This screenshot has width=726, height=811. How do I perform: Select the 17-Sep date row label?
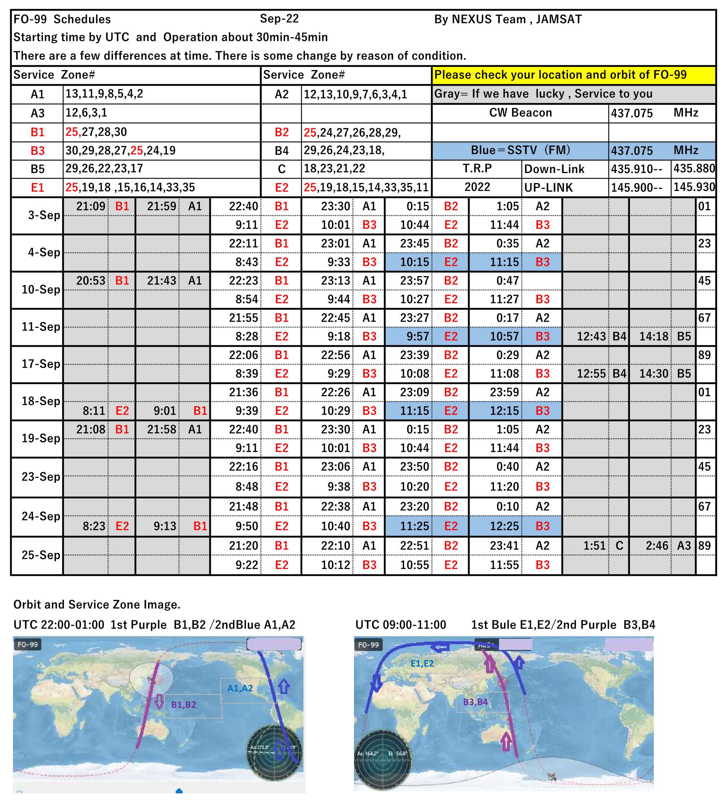[41, 364]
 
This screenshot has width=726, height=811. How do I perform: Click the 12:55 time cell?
[591, 374]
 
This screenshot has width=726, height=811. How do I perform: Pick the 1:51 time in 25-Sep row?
[594, 546]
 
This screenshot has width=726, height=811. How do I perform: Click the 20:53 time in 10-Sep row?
[91, 281]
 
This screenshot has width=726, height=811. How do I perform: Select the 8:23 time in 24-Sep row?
[94, 526]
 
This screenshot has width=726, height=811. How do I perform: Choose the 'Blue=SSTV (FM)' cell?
[520, 151]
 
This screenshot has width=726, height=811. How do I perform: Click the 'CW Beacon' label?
[520, 113]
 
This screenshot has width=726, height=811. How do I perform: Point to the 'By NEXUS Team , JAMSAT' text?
[508, 19]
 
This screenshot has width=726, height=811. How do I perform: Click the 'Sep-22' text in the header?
[279, 19]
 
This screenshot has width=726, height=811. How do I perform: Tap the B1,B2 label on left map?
[184, 704]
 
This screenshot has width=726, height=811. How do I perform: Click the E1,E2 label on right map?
[422, 663]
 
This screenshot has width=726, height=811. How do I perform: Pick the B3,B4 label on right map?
[475, 702]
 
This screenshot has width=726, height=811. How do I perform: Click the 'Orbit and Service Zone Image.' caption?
[97, 604]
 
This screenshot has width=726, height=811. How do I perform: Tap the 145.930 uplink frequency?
[694, 187]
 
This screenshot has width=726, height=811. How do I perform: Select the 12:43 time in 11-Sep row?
[591, 337]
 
